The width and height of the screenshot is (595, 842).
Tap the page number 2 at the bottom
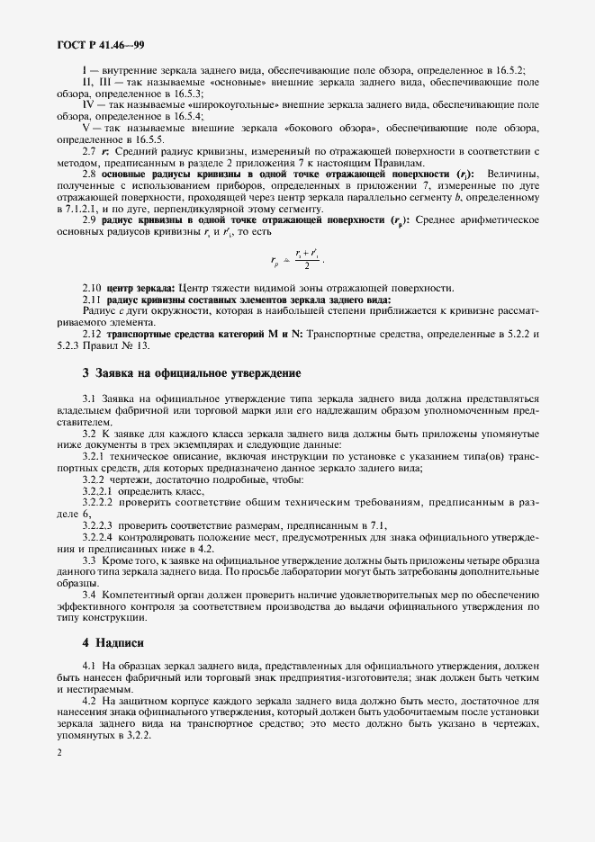(58, 753)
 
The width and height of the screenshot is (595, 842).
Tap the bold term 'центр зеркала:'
(144, 288)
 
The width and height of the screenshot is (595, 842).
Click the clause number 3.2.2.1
(97, 491)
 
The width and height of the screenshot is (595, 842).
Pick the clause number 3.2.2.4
(97, 537)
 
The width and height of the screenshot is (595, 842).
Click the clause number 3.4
(90, 595)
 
